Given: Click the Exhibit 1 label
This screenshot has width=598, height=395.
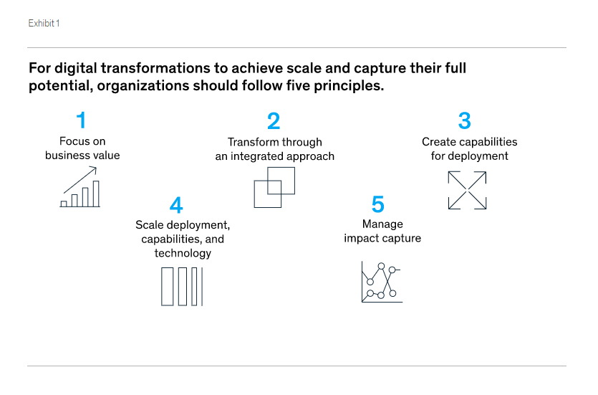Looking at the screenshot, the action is (44, 23).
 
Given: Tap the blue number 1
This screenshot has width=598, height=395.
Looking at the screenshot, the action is (81, 120).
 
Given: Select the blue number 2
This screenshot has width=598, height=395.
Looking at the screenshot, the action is (274, 121).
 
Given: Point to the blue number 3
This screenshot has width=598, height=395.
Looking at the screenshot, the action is (465, 120).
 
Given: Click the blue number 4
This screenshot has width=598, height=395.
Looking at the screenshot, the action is (176, 205).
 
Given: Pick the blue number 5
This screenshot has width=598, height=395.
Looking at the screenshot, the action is (378, 204).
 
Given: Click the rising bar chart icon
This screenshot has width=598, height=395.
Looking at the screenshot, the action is (80, 187).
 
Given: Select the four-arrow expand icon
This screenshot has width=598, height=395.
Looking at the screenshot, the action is (467, 191).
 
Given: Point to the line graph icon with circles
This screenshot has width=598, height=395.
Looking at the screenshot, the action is (382, 282).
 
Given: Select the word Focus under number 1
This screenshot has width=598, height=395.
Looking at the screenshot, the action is (72, 141).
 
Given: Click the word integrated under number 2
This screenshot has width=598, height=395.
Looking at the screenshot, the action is (256, 156).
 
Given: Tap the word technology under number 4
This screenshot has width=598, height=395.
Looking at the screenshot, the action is (183, 253).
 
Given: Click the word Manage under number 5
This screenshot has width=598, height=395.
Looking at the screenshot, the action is (382, 224).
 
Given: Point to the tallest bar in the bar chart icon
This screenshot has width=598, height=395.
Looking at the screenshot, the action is (96, 194).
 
